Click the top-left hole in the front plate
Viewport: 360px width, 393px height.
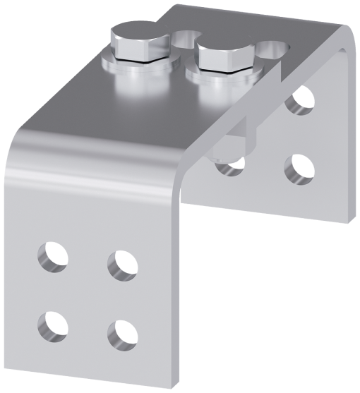pyautogui.click(x=53, y=258)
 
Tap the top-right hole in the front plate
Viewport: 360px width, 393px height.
pyautogui.click(x=122, y=265)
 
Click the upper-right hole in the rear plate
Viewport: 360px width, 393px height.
pyautogui.click(x=301, y=100)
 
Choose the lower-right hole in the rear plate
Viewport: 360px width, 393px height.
pyautogui.click(x=299, y=169)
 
